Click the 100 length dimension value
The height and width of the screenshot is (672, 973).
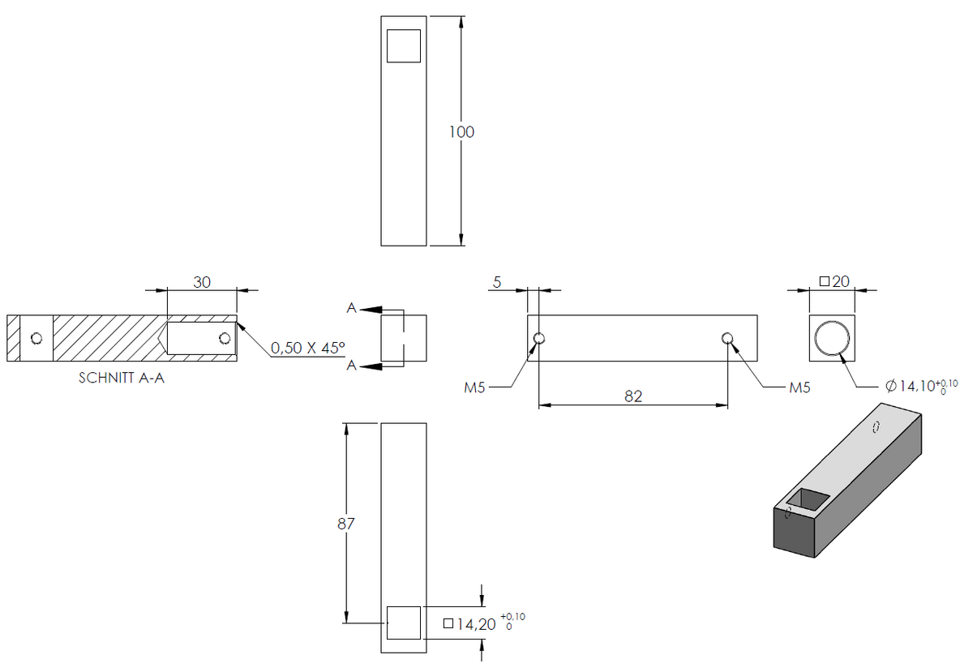461,132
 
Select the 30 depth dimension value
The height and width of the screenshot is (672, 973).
202,282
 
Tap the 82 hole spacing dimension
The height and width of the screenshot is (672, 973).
633,396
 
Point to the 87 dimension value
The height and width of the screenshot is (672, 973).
345,524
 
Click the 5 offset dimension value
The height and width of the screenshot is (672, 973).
497,282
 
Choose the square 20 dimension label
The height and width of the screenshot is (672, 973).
834,281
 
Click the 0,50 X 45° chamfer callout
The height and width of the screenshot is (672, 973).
308,348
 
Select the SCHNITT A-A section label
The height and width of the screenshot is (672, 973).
122,378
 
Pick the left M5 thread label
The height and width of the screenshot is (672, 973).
474,387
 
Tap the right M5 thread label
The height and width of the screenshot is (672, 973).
799,387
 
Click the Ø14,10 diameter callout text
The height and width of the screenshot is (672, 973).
921,386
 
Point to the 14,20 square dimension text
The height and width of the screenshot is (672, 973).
484,624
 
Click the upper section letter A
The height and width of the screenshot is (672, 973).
351,308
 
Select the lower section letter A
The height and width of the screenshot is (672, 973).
351,366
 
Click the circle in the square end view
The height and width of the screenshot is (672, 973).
832,322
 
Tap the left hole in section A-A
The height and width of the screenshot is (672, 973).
36,338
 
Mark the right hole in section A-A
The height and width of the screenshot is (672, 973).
225,338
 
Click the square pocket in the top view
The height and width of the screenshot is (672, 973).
404,46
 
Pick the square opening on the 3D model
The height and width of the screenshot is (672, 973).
808,499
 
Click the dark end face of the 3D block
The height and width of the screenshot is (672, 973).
794,532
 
